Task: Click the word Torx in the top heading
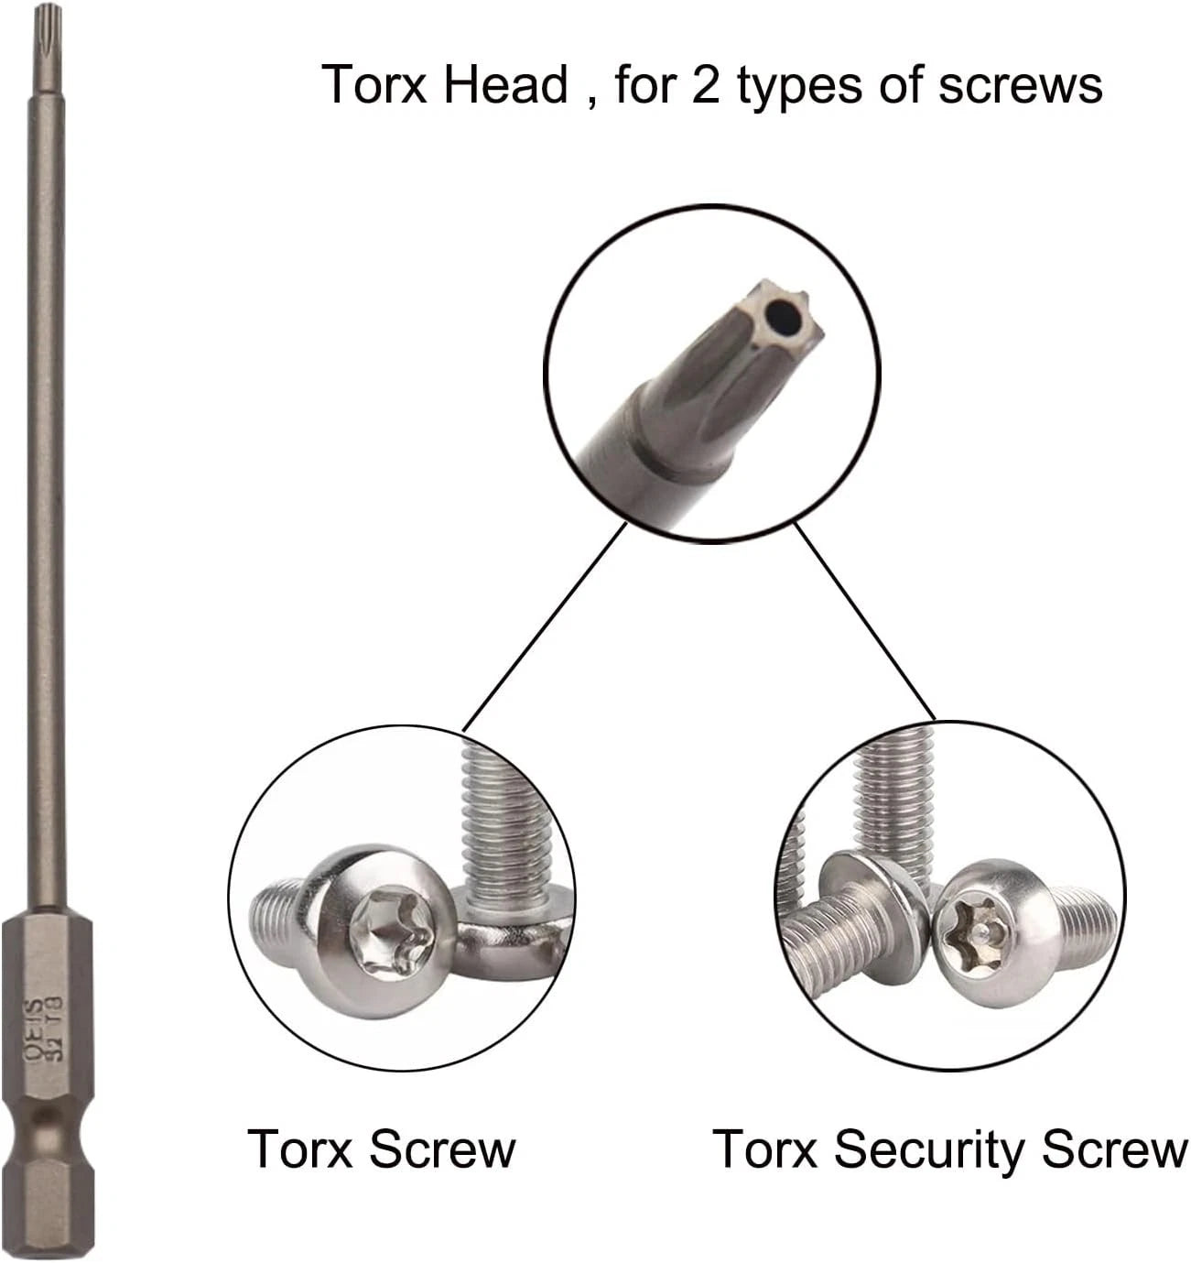click(371, 85)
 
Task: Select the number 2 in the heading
click(706, 85)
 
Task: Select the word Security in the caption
click(931, 1149)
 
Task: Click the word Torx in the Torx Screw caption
click(300, 1149)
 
